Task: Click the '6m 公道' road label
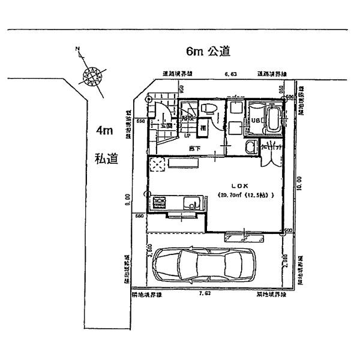(200, 52)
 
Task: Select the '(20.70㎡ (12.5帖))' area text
(245, 196)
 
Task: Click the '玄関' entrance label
(166, 126)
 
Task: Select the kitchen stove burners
(161, 203)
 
